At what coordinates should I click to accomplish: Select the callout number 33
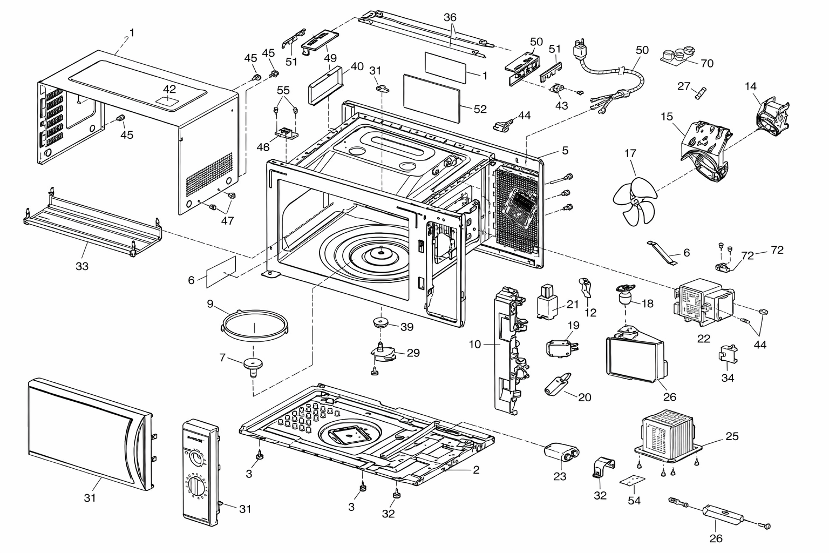point(82,266)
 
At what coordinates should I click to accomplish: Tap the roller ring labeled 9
point(255,326)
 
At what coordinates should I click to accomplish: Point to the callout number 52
point(480,109)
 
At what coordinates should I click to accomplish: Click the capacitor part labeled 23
point(561,452)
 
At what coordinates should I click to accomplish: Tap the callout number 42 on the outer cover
point(169,89)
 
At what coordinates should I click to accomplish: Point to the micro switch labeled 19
point(562,348)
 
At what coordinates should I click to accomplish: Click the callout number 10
point(475,344)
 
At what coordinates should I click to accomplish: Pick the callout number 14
point(751,86)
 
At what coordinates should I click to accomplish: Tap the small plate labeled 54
point(633,481)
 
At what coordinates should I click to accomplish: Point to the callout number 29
point(413,353)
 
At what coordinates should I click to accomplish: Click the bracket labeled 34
point(728,354)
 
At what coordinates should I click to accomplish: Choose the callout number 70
point(707,63)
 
